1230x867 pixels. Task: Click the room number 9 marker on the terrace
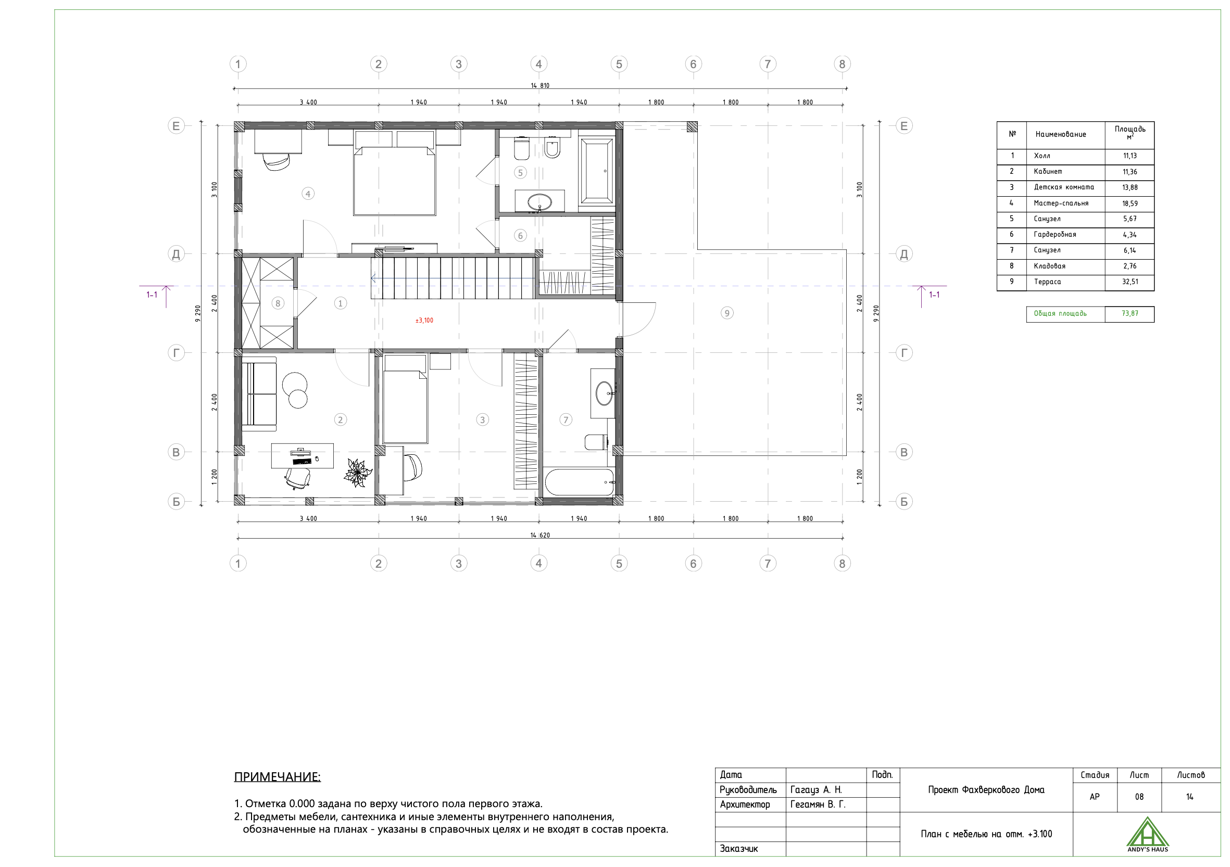pos(726,313)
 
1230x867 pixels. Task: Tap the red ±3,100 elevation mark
pos(424,320)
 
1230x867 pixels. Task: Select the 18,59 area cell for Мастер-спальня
pos(1130,203)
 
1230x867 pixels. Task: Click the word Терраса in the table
pos(1047,282)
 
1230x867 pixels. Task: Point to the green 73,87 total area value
pos(1130,313)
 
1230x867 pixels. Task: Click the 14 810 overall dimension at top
pos(540,85)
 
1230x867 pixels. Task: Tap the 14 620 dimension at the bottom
pos(540,535)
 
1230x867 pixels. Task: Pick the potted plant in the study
pos(357,473)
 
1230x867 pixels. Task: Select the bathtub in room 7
pos(579,482)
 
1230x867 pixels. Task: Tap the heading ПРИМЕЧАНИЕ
pos(278,776)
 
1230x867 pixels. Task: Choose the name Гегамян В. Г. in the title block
pos(818,805)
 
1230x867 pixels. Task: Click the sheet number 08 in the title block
pos(1139,797)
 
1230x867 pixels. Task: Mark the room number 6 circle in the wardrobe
pos(520,235)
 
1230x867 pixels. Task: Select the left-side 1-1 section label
pos(152,295)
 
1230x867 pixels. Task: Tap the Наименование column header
pos(1061,134)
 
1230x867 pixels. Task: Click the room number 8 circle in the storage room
pos(278,303)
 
